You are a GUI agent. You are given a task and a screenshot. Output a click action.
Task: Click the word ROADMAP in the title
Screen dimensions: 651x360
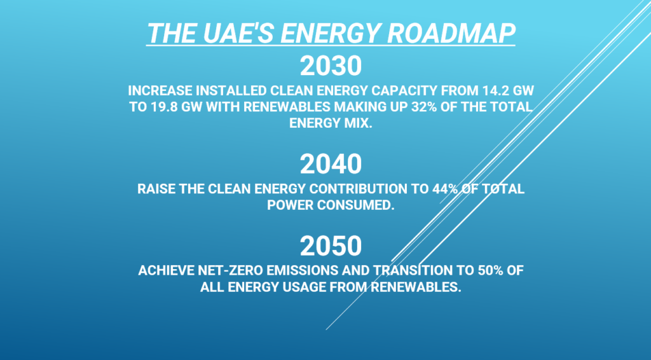[x=451, y=33]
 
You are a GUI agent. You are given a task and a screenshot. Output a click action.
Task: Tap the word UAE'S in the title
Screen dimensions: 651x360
[x=235, y=33]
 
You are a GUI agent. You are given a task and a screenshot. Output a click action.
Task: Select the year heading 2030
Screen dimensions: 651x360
[x=331, y=66]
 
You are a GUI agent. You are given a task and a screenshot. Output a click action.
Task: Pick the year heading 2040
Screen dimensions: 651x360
[x=331, y=164]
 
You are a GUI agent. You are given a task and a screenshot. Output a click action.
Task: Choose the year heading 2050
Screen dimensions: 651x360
[x=331, y=246]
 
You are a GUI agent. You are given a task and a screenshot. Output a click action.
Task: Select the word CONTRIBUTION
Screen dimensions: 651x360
[x=359, y=189]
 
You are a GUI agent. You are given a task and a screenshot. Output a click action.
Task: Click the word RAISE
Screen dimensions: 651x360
[x=156, y=189]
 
